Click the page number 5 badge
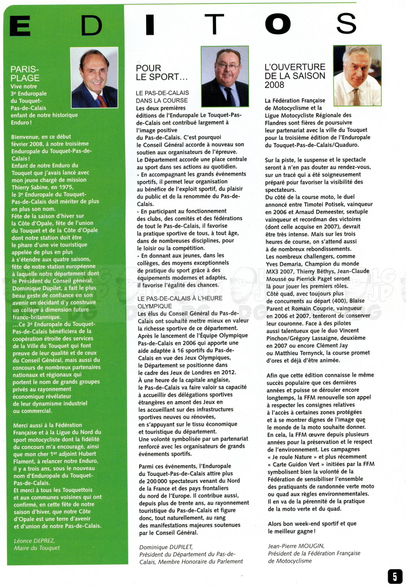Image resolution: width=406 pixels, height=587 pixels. pos(395,576)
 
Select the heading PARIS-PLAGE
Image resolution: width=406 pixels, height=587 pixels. pos(25,73)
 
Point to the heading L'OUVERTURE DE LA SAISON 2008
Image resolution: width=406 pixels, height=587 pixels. pos(295,76)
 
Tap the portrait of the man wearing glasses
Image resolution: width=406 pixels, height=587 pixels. pos(225,76)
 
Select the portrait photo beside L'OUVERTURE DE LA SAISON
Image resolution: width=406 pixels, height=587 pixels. pos(357,75)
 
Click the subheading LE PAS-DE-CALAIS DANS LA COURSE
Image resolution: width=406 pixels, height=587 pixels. pos(162,97)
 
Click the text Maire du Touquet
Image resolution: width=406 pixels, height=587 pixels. pos(37,548)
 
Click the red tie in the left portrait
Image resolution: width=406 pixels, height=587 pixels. pos(101,100)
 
